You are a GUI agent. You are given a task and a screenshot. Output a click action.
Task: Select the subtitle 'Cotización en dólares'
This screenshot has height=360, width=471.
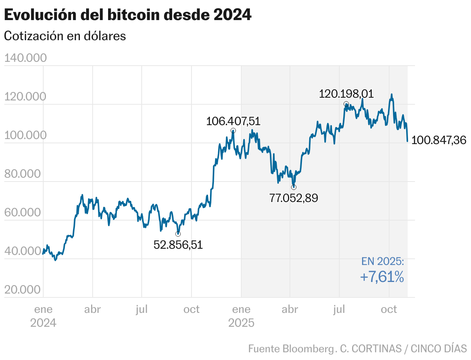coord(65,36)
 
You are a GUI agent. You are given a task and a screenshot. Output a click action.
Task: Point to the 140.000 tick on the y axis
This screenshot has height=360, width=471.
coord(25,58)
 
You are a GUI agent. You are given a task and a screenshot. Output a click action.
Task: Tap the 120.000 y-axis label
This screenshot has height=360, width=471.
coord(25,97)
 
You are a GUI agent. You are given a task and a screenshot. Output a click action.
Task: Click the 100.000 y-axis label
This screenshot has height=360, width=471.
coord(25,135)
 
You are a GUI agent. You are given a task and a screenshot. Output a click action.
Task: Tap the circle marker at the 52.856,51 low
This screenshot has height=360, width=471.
coord(178,234)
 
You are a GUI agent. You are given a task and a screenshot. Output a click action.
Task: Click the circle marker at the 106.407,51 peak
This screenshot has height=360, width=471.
coord(233,131)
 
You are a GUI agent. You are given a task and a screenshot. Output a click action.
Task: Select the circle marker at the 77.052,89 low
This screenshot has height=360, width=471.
coord(294,187)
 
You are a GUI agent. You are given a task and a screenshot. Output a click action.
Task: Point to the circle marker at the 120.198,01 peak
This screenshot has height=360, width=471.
coord(346,104)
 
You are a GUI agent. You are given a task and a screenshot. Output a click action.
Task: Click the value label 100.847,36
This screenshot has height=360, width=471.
coord(439,140)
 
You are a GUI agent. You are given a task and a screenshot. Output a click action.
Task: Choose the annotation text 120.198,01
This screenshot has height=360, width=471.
coord(346,94)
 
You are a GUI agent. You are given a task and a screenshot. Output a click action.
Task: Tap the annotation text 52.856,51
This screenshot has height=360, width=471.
coord(178,245)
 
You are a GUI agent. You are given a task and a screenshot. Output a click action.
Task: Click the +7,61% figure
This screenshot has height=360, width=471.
coord(382,277)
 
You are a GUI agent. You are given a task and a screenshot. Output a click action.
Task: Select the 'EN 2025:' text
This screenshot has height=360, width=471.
coord(383,262)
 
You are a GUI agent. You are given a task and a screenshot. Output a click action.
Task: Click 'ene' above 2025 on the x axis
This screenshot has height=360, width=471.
coord(241,309)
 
